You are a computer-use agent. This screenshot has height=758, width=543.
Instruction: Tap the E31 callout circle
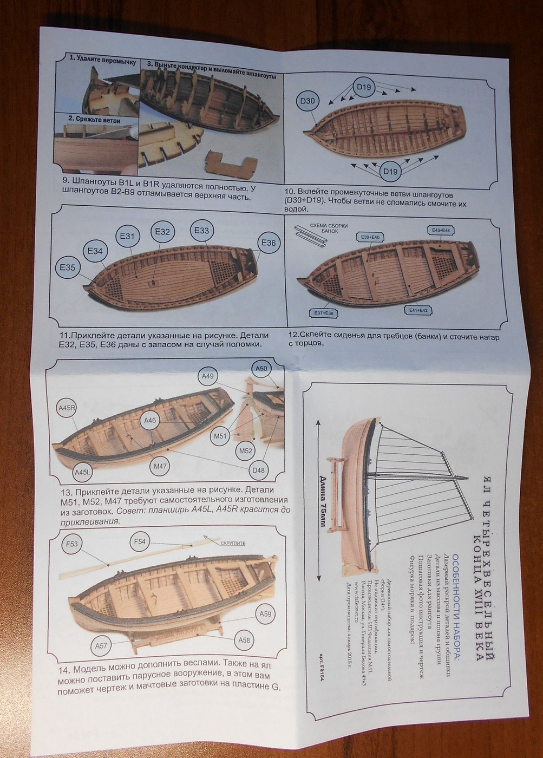tap(128, 236)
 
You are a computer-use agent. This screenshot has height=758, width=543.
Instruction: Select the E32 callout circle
tap(162, 232)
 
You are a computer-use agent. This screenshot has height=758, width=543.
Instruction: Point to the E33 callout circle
tap(201, 231)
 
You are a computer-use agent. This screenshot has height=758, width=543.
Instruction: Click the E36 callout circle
tap(269, 243)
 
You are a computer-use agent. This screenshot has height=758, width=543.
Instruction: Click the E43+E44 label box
tap(441, 231)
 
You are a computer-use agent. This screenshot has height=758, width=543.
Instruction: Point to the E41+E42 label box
tap(419, 310)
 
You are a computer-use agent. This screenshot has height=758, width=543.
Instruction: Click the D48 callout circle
tap(259, 470)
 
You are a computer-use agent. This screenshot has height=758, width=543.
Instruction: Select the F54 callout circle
tap(140, 541)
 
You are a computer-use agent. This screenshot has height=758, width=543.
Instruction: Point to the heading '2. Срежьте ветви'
tap(94, 120)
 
